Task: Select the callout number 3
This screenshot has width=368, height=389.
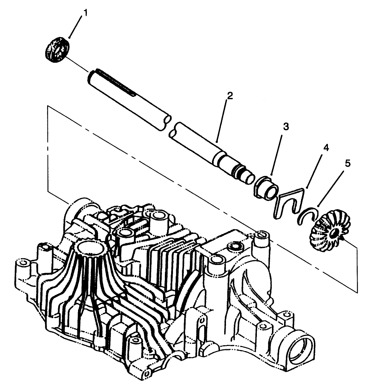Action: coord(286,127)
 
